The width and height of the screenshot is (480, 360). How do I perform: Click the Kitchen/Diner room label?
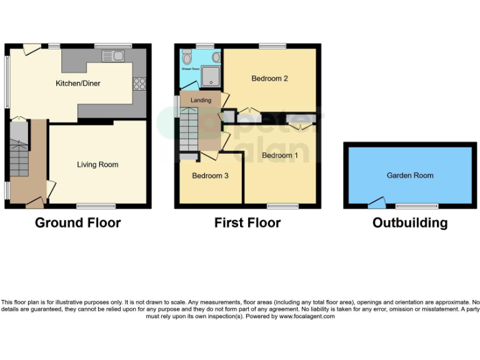(x=78, y=83)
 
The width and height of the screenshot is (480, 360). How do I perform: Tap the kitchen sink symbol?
(x=113, y=57)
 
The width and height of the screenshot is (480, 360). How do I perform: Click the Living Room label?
(x=97, y=165)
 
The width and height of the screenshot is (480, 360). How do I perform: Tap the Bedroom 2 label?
(x=269, y=79)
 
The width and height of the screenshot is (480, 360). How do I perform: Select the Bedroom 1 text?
(x=279, y=155)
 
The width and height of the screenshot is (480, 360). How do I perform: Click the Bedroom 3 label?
(x=209, y=176)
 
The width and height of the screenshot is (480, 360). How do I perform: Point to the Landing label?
(x=201, y=100)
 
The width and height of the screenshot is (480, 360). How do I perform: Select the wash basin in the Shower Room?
(x=216, y=57)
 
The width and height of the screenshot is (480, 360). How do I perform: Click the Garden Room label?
(x=410, y=176)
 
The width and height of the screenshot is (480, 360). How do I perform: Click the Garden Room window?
(x=417, y=206)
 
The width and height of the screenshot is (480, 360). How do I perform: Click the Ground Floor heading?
(x=77, y=223)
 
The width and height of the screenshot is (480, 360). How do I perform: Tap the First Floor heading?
(x=247, y=223)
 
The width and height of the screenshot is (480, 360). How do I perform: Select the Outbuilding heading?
(x=410, y=223)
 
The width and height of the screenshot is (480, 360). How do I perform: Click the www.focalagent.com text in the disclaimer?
(x=307, y=317)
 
